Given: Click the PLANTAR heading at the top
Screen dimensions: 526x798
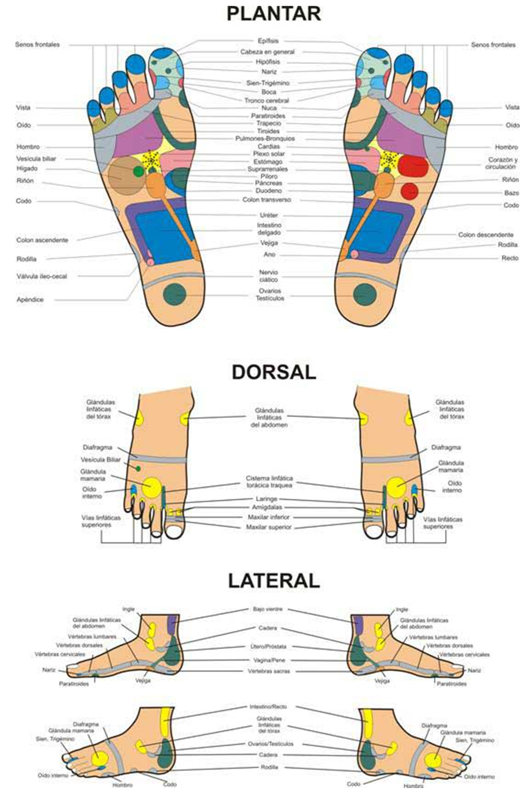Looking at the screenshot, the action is coord(274,13).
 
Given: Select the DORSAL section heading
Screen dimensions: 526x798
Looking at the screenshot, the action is coord(274,372).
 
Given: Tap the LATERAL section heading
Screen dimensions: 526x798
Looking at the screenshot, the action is coord(274,580).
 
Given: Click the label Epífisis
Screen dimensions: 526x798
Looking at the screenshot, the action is coord(268,41).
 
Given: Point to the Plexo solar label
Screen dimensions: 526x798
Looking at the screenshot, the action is coord(268,154).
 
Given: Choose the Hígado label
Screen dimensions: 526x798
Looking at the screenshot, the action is coord(27,168).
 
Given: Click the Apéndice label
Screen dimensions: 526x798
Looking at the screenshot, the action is coord(31,300).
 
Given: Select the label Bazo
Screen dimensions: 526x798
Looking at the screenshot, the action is coord(511,192).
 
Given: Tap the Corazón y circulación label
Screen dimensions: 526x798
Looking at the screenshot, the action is coord(503,163).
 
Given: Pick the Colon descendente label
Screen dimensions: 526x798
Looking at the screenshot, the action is coord(485,235).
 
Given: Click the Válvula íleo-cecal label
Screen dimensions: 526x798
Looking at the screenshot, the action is coord(42,276).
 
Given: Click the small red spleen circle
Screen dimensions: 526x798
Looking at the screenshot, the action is coord(409,191).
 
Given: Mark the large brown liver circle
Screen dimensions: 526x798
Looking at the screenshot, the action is coord(126,175).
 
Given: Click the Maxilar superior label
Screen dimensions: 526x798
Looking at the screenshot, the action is coord(269,528).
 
